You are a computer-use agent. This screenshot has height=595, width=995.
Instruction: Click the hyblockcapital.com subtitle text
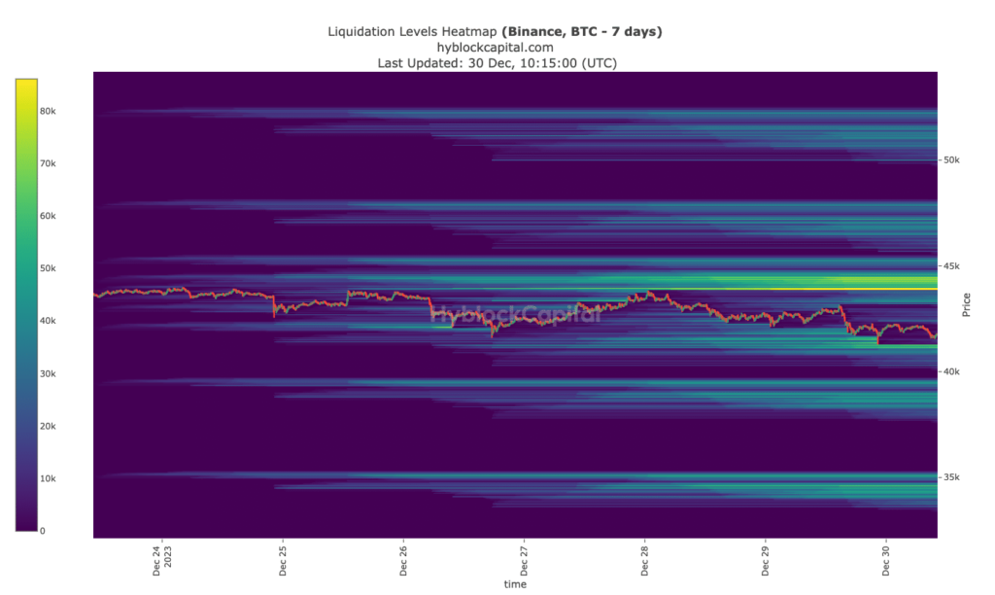click(497, 47)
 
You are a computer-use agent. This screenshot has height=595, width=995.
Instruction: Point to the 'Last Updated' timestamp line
click(497, 62)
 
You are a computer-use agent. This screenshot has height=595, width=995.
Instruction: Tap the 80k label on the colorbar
click(48, 111)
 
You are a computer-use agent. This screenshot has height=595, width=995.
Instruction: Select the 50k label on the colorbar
click(48, 268)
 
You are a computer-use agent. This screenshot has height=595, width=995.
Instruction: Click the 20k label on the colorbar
click(48, 426)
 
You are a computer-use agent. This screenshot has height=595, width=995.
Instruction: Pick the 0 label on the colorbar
click(42, 531)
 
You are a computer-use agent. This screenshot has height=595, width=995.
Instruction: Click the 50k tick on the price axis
click(952, 159)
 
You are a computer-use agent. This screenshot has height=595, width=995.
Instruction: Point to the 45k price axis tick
click(952, 265)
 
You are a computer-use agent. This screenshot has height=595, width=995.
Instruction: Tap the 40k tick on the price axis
click(952, 371)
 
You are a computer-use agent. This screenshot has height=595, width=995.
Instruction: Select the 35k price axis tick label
click(952, 477)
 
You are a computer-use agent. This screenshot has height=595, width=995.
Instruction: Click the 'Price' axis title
click(966, 304)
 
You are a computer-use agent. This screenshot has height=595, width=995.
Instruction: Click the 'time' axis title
click(515, 584)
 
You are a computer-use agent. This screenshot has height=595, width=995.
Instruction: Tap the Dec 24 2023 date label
click(162, 561)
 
